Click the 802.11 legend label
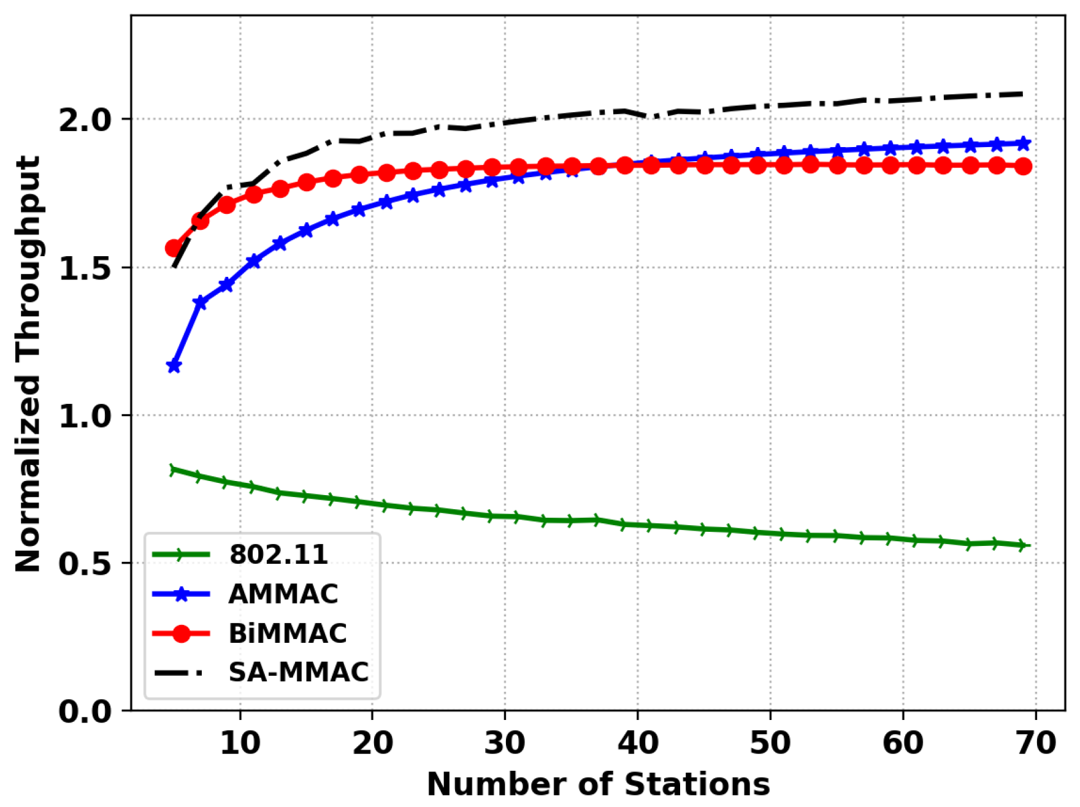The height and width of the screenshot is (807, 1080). pos(278,555)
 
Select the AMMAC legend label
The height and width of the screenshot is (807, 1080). pos(283,594)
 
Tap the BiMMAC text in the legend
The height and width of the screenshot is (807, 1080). pos(287,633)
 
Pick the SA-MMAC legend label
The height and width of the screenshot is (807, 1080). pos(298,672)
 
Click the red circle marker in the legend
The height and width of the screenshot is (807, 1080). pos(182,634)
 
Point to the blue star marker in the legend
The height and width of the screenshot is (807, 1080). pos(182,594)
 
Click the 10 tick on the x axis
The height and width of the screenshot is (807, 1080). pos(240,743)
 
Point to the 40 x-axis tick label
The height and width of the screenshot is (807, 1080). pos(638,743)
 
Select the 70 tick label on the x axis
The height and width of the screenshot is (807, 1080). pos(1035,743)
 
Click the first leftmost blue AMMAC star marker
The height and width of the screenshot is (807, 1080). pos(174,366)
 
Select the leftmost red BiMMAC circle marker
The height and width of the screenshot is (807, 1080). pos(174,248)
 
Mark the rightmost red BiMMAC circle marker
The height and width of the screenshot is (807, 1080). pos(1023,166)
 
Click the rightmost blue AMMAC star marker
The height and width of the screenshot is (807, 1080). pos(1023,143)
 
